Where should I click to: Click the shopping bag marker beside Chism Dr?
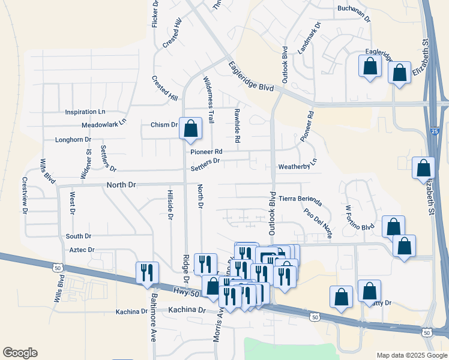190,129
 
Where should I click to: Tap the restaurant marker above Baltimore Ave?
147,273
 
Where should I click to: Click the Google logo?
20,353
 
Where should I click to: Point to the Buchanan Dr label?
354,9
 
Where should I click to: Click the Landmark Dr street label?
309,37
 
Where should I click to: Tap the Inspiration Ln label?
85,112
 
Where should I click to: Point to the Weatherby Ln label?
297,166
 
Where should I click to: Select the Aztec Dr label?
82,250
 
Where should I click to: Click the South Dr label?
79,236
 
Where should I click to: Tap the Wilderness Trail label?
208,100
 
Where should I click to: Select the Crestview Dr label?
25,195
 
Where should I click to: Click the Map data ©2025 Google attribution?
411,355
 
